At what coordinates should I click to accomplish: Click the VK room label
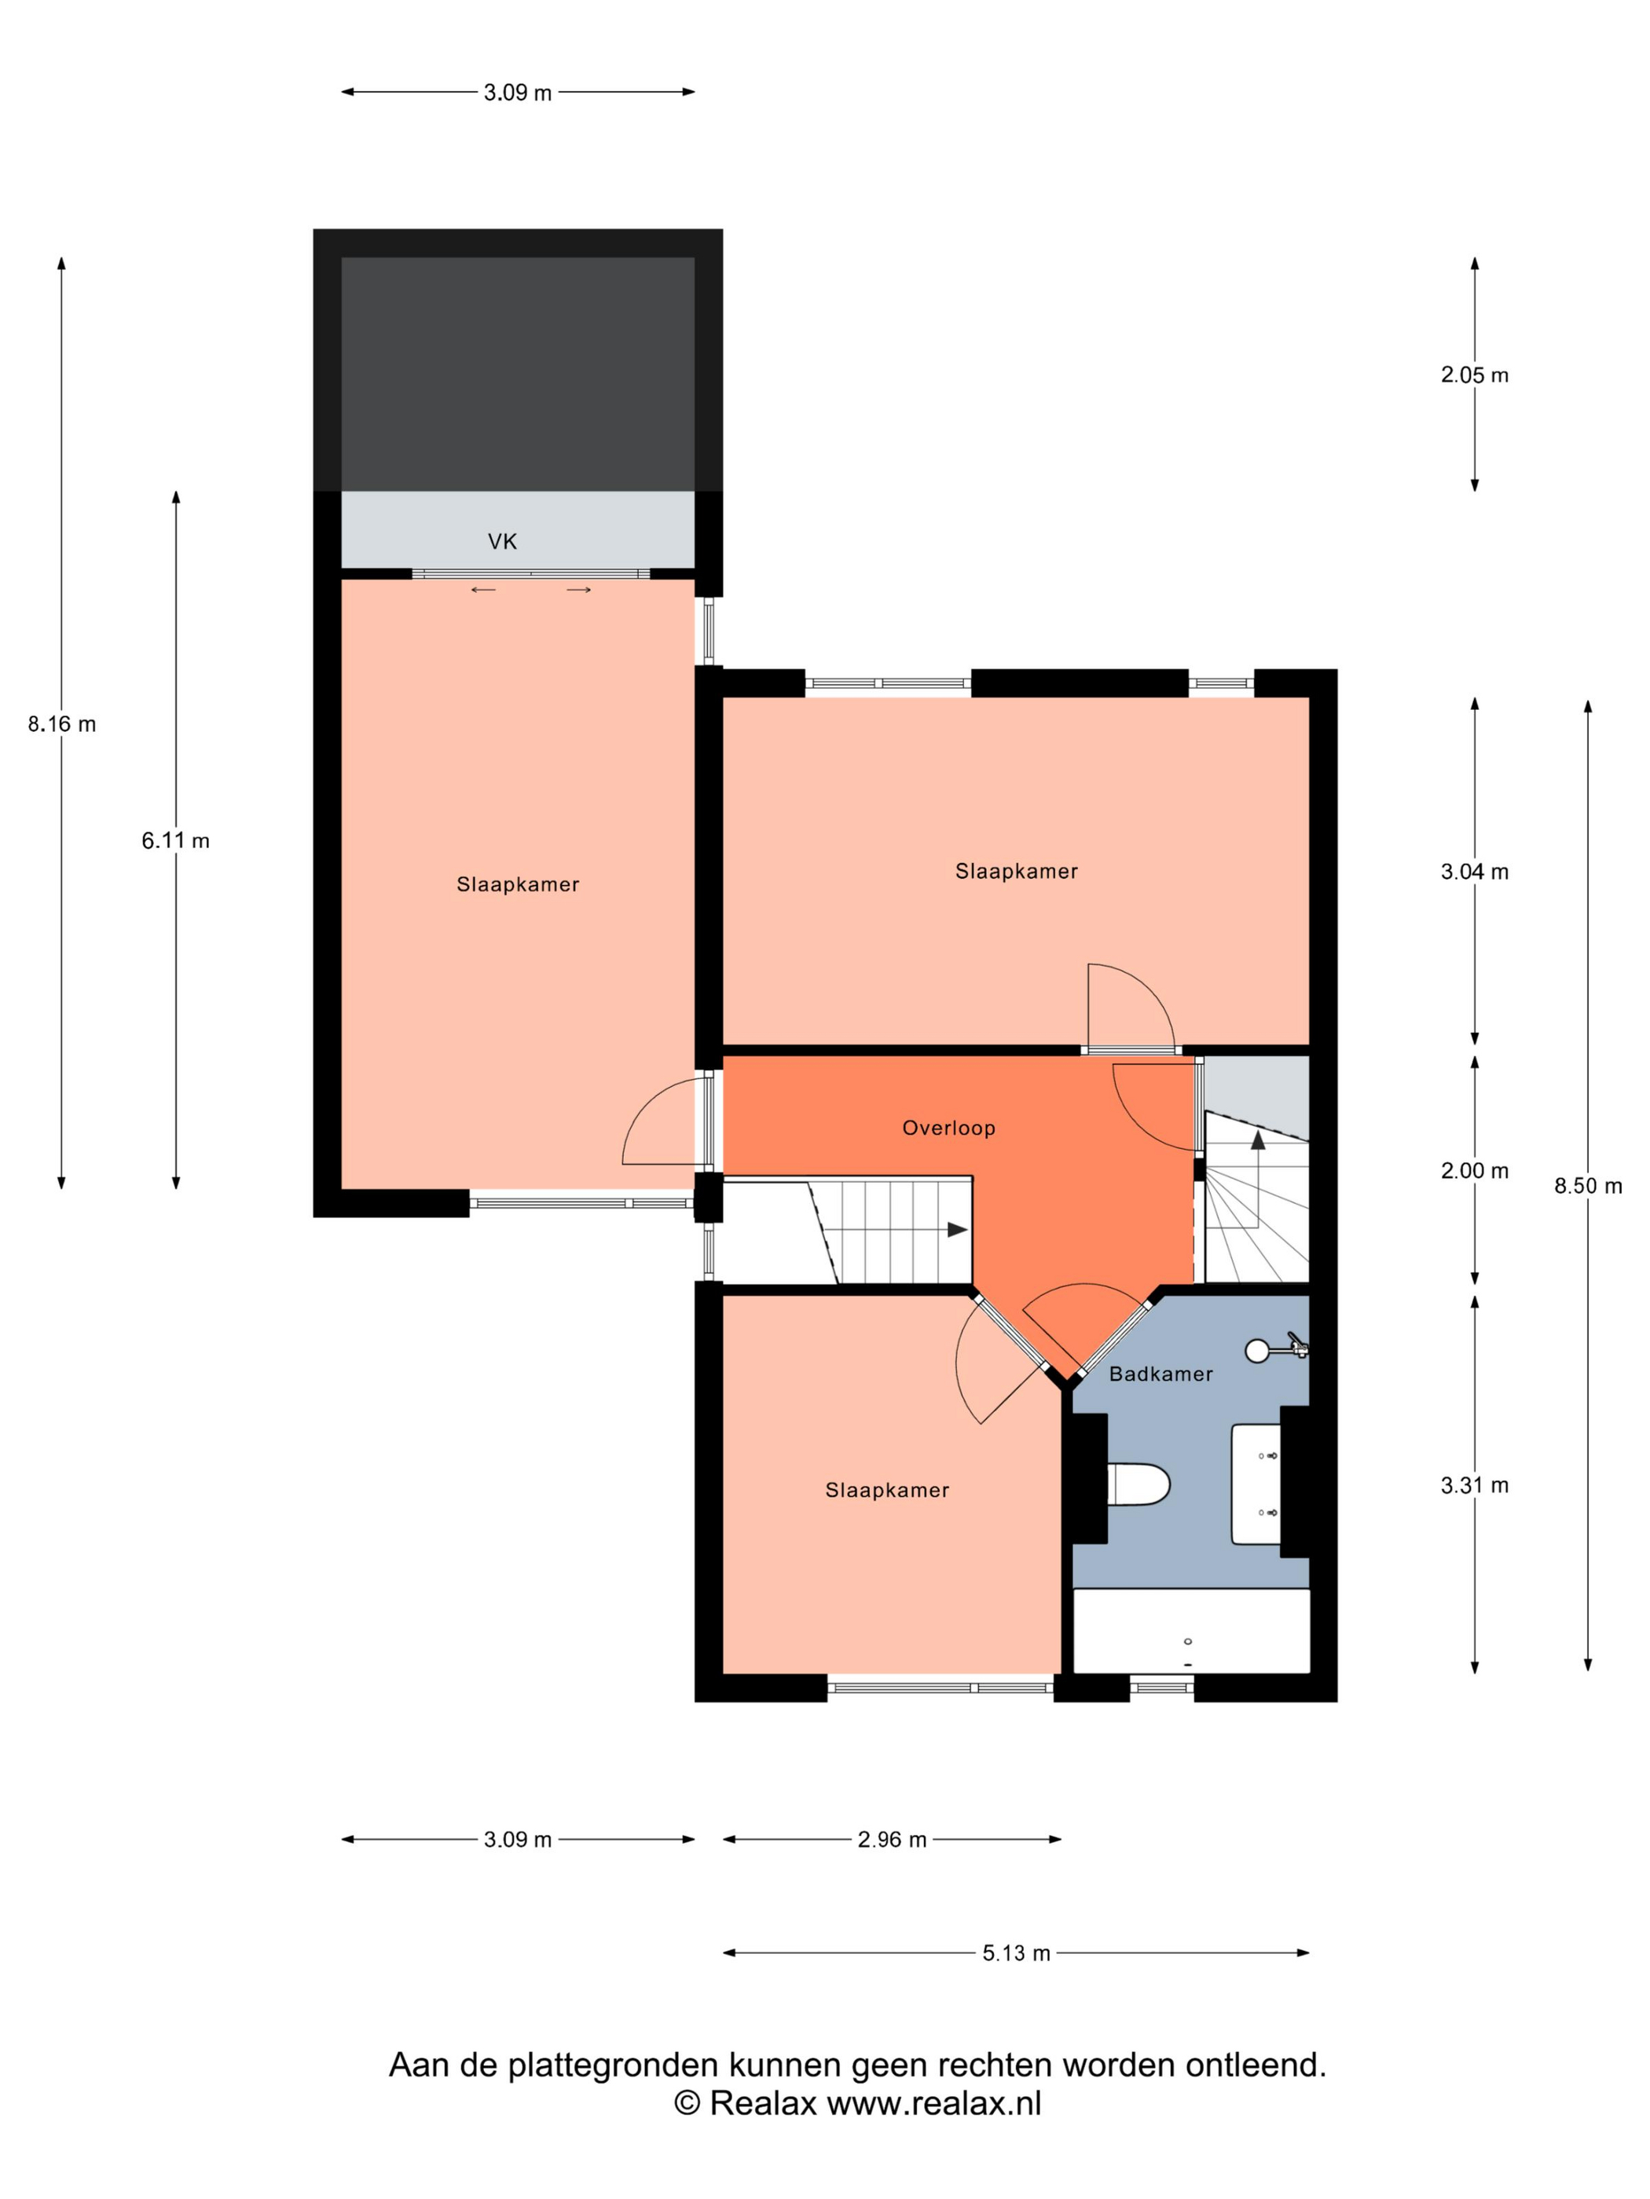pyautogui.click(x=502, y=542)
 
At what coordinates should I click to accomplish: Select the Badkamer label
pyautogui.click(x=1160, y=1374)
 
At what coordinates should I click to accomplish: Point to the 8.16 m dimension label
pyautogui.click(x=61, y=724)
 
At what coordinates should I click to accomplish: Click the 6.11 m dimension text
pyautogui.click(x=175, y=840)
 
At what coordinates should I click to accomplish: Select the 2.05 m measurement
pyautogui.click(x=1474, y=375)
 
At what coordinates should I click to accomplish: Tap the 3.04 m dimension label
pyautogui.click(x=1474, y=872)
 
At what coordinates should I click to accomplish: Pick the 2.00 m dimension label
pyautogui.click(x=1474, y=1171)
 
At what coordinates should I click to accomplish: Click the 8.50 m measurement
pyautogui.click(x=1587, y=1186)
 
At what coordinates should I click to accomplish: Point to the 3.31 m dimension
pyautogui.click(x=1474, y=1485)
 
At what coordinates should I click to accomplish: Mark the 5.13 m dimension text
pyautogui.click(x=1017, y=1953)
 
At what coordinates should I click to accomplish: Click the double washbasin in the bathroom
pyautogui.click(x=1256, y=1484)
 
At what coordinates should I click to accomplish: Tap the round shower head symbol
pyautogui.click(x=1257, y=1350)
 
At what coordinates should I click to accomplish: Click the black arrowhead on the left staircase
pyautogui.click(x=957, y=1230)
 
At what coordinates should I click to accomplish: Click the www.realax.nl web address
pyautogui.click(x=934, y=2102)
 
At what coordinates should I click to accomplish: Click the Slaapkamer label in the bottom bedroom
pyautogui.click(x=887, y=1490)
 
